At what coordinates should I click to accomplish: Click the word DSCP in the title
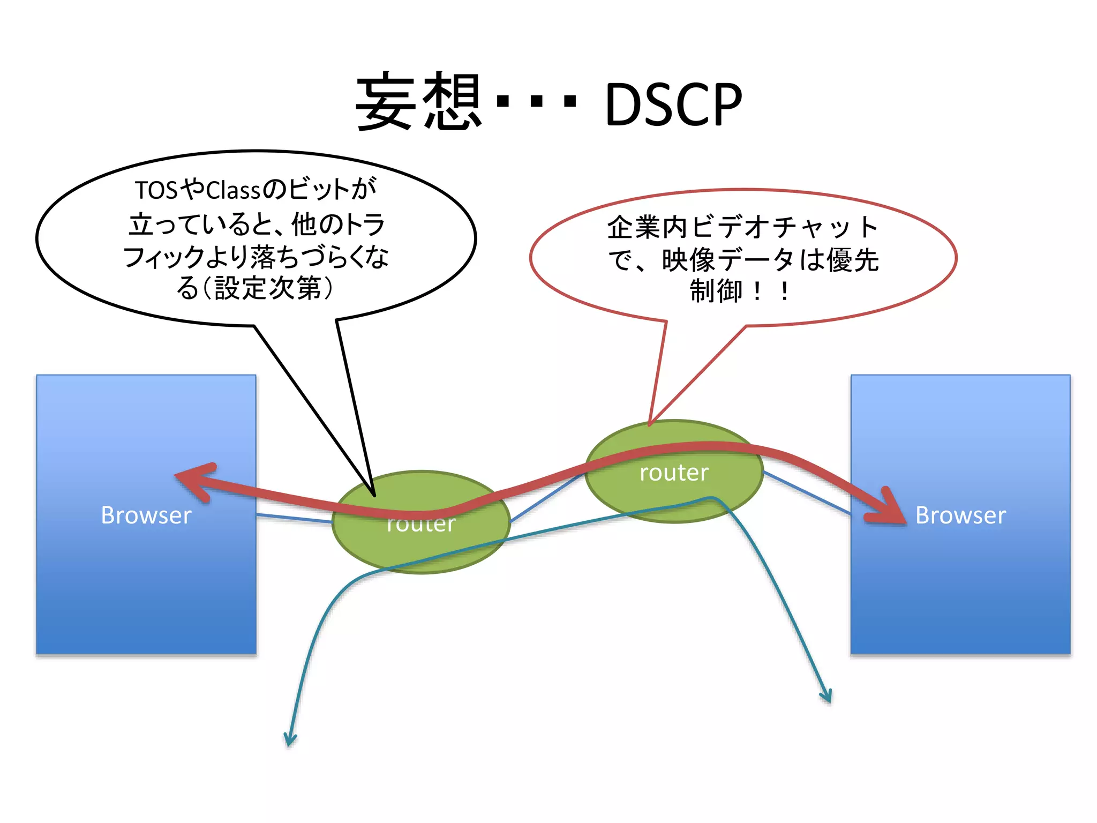673,104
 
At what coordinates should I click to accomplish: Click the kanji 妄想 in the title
419,102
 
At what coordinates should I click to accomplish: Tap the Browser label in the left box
146,515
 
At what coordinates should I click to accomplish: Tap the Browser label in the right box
960,515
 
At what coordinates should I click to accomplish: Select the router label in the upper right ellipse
674,473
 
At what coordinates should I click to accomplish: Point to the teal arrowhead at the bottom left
290,740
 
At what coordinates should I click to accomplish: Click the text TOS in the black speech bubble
156,190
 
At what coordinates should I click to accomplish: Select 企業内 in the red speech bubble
647,227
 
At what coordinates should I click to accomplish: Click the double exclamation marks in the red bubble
770,292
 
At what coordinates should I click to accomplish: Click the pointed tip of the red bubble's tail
649,424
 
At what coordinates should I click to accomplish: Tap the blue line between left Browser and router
294,518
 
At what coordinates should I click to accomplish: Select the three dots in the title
536,101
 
